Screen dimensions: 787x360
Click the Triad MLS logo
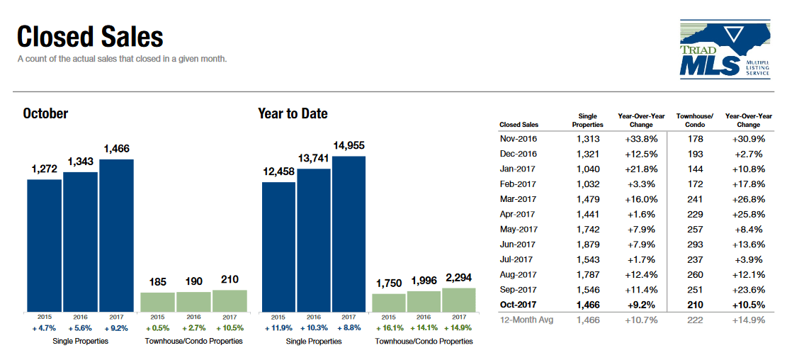(725, 49)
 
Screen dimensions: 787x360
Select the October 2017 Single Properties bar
(116, 235)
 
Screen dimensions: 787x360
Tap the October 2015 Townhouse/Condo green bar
(157, 302)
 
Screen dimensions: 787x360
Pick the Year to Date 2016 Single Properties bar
(314, 240)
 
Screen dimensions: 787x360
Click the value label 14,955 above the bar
(349, 145)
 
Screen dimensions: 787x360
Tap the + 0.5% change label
(157, 328)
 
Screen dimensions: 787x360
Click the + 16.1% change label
(389, 328)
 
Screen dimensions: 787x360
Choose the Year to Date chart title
(293, 114)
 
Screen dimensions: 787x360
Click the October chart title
(45, 113)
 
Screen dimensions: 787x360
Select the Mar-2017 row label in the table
(518, 199)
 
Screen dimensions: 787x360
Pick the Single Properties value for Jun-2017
(589, 244)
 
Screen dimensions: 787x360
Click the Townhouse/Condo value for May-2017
(696, 230)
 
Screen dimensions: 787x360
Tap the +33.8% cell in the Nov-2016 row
(641, 139)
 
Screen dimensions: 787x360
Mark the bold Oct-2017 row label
(518, 305)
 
